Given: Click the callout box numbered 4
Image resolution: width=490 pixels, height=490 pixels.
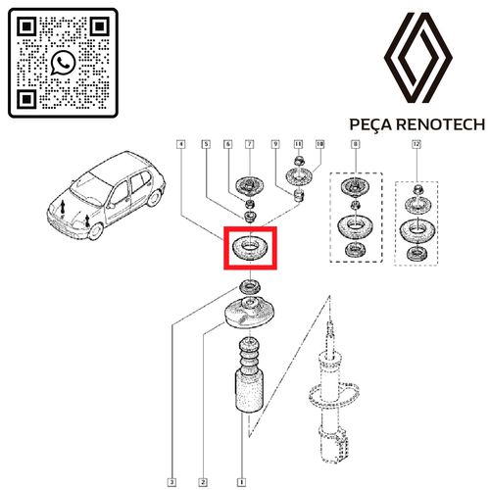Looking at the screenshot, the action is click(182, 144).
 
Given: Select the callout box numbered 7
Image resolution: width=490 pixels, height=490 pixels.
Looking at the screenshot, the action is click(250, 144).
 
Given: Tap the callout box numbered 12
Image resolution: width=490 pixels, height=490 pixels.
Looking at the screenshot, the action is click(416, 144).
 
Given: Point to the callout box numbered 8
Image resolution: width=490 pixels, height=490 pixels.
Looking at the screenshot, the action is click(355, 144).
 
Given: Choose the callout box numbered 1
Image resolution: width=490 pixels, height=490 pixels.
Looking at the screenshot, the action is click(241, 482).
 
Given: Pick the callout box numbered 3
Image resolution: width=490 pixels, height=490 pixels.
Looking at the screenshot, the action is click(171, 482).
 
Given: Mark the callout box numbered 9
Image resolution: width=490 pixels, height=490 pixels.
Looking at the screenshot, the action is click(276, 144).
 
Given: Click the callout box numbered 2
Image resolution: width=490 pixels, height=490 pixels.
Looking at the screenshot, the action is click(203, 482).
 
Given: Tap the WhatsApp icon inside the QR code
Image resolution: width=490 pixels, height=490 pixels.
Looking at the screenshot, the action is click(63, 63).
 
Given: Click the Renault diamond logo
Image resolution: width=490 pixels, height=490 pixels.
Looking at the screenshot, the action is click(418, 58).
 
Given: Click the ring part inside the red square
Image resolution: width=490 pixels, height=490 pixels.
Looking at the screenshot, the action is click(250, 248).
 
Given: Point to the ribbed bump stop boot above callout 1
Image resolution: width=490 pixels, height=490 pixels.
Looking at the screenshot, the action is click(250, 376).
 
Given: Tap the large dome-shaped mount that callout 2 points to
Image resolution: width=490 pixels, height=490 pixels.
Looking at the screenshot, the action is click(250, 315).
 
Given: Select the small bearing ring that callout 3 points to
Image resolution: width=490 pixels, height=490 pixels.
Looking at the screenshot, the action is click(250, 287).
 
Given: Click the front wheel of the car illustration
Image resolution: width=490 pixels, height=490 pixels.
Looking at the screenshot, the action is click(96, 231).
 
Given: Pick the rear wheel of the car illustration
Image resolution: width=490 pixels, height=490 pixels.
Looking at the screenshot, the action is click(154, 198).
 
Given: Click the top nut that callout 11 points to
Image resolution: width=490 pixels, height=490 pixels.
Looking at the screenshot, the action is click(298, 161).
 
